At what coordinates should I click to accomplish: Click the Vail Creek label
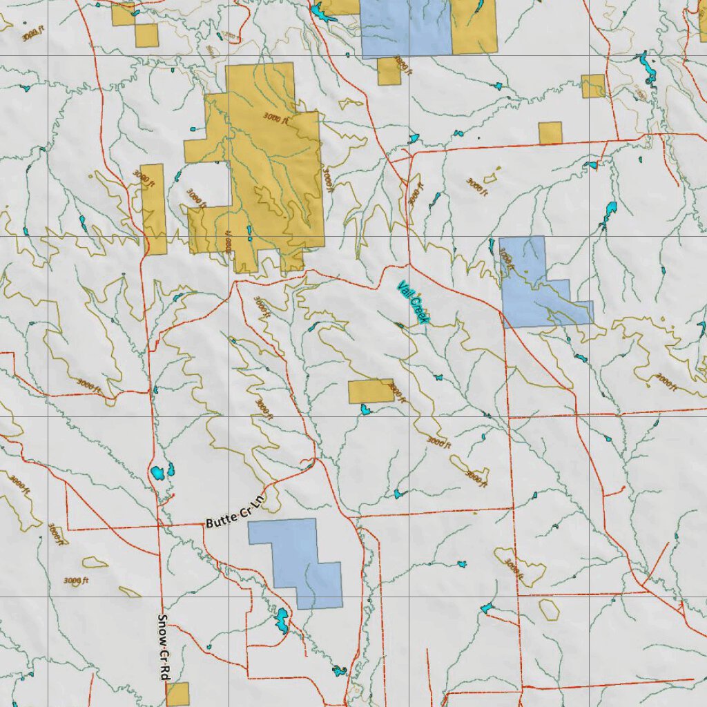point(414,302)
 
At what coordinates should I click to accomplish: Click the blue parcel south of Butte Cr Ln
point(297,559)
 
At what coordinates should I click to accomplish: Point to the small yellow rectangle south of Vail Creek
point(370,391)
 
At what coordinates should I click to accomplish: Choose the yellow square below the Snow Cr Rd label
point(177,694)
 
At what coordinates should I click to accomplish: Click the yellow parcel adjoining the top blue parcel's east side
point(474,26)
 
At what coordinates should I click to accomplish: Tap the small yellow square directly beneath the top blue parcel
point(389,72)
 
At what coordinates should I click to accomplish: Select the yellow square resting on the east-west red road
point(550,133)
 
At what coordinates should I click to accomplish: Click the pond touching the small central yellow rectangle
point(365,410)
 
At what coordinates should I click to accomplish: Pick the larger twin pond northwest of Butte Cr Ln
point(158,473)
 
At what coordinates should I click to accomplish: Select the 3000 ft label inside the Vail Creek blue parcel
point(507,257)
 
